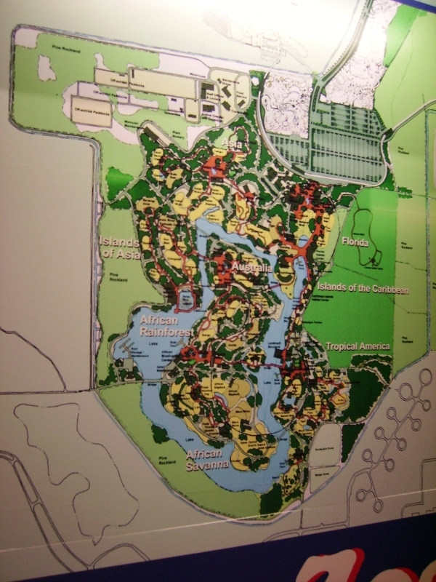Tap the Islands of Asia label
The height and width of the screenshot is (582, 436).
click(116, 247)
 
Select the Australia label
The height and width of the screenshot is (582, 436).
click(251, 268)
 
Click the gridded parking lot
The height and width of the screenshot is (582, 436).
click(345, 145)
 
